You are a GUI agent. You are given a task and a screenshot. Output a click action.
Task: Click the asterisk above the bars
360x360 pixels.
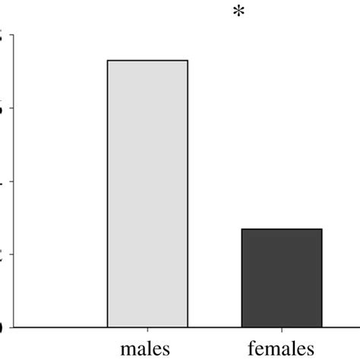coord(239,13)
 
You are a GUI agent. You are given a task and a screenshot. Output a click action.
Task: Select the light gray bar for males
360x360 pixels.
coord(147,194)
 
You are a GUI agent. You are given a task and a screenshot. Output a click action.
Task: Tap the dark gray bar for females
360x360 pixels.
coord(282,278)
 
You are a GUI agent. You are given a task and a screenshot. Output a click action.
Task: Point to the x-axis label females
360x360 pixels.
coord(281,349)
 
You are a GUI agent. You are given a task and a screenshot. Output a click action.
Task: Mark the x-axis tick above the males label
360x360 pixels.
coord(147,331)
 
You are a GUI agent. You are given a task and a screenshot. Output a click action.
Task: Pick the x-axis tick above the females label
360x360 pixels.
coord(282,331)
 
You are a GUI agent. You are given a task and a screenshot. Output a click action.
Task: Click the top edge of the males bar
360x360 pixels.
coord(147,60)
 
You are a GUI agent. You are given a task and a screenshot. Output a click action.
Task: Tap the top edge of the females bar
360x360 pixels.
coord(282,229)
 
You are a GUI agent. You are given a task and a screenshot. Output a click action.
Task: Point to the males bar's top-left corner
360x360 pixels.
coord(108,60)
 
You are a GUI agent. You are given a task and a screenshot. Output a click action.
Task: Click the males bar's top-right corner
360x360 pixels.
coord(188,60)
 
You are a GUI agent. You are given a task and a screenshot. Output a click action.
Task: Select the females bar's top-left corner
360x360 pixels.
coord(242,229)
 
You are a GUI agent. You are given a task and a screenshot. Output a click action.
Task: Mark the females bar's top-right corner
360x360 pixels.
coord(322,229)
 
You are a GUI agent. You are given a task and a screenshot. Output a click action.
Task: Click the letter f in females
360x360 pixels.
coord(251,349)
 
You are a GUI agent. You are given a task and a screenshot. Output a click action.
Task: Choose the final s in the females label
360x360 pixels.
coord(310,351)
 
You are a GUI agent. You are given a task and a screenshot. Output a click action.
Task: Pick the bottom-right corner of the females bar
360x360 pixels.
coord(322,327)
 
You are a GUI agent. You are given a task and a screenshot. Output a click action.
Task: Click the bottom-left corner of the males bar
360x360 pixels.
coord(108,327)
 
